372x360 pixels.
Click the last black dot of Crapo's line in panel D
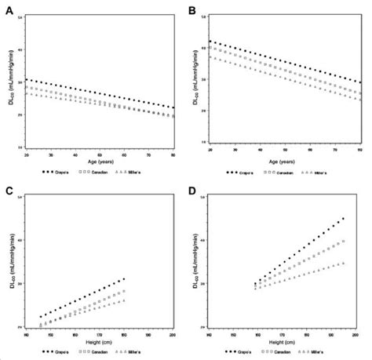pyautogui.click(x=343, y=219)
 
